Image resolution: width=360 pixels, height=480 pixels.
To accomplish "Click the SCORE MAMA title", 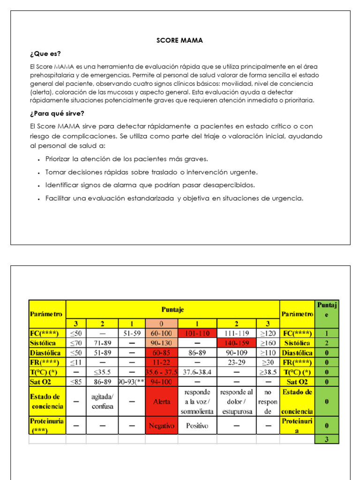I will pos(180,40).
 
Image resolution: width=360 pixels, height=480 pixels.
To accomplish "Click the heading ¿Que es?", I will pos(45,53).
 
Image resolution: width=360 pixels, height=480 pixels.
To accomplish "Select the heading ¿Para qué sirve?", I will pos(57,113).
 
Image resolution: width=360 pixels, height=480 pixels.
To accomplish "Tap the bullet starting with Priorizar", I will pos(126,159).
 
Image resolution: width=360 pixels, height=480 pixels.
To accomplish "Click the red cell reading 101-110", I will pos(197,334).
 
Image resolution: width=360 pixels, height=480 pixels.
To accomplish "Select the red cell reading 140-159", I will pos(236,343).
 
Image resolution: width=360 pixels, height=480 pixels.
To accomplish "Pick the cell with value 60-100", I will pos(162,334).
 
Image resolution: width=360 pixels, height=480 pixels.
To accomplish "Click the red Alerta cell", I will pos(162,402).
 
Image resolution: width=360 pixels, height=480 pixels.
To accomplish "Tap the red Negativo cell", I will pos(162,426).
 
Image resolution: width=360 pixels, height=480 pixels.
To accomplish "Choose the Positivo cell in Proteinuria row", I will pos(197,426).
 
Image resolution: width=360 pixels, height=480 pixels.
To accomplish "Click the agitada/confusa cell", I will pos(102,402).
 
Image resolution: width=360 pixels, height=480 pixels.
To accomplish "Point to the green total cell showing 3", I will pos(327,439).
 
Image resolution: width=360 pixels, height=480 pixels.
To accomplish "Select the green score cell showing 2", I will pos(327,343).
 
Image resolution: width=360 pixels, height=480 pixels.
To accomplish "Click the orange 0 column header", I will pos(162,324).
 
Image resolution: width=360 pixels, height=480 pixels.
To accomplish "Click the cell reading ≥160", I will pos(268,343).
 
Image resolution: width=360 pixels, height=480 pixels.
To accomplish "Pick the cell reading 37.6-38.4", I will pos(197,372).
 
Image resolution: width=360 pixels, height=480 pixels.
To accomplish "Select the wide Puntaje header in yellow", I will pos(172,309).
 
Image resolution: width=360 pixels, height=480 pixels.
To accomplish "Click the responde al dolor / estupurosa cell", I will pos(236,402).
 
